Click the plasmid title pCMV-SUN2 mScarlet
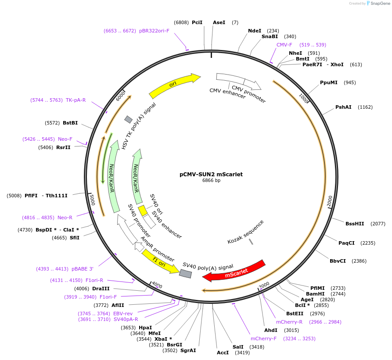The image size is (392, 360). tap(211, 174)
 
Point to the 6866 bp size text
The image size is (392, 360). tap(211, 180)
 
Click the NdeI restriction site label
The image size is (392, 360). tap(255, 31)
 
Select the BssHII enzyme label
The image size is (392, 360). tap(355, 224)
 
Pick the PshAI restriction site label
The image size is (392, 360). tap(343, 107)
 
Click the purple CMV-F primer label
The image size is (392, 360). tap(284, 45)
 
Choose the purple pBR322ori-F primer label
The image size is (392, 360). tap(154, 31)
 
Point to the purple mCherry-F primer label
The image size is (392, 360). tap(264, 339)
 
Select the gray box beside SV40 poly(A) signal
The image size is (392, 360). tap(185, 274)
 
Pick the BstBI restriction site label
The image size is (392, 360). tap(70, 123)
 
